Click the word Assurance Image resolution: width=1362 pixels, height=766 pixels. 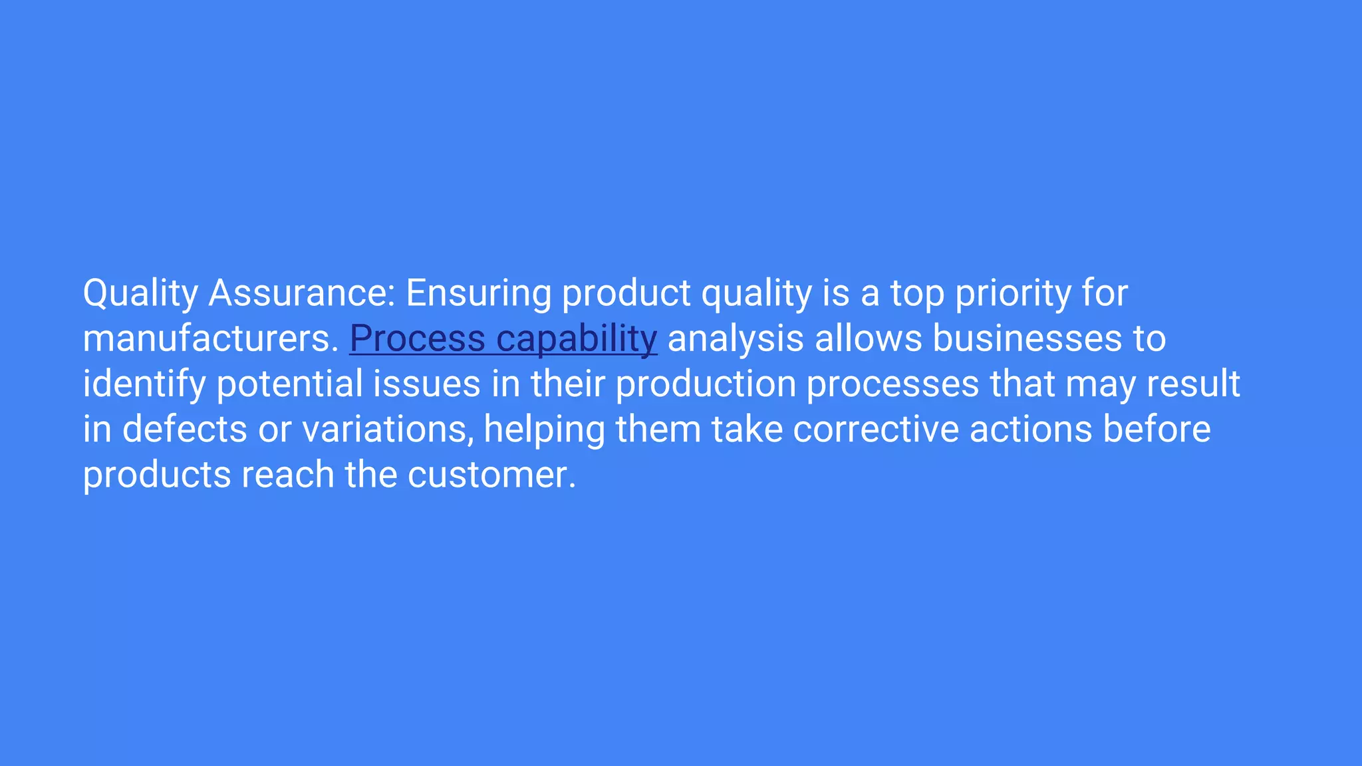(x=302, y=293)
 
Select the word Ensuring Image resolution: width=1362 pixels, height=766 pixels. (x=478, y=293)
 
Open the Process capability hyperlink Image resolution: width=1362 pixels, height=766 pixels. (x=503, y=338)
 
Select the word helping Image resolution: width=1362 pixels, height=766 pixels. (x=544, y=430)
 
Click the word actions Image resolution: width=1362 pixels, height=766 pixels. (x=1031, y=430)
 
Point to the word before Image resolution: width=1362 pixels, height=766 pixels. (x=1157, y=430)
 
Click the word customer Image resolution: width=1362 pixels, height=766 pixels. (x=491, y=475)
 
